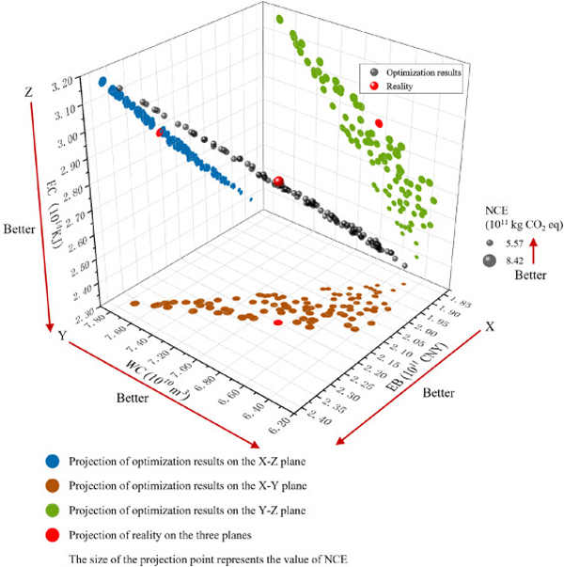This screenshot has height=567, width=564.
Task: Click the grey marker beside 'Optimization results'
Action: tap(376, 71)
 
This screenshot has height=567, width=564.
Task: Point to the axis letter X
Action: tap(490, 325)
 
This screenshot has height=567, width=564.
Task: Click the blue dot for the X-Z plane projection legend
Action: tap(51, 462)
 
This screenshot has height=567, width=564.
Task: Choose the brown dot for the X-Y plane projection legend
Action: tap(51, 487)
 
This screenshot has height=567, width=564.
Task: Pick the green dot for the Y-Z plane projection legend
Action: tap(51, 512)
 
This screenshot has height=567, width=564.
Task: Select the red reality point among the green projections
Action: tap(379, 123)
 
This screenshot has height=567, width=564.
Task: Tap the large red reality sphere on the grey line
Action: tap(278, 182)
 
